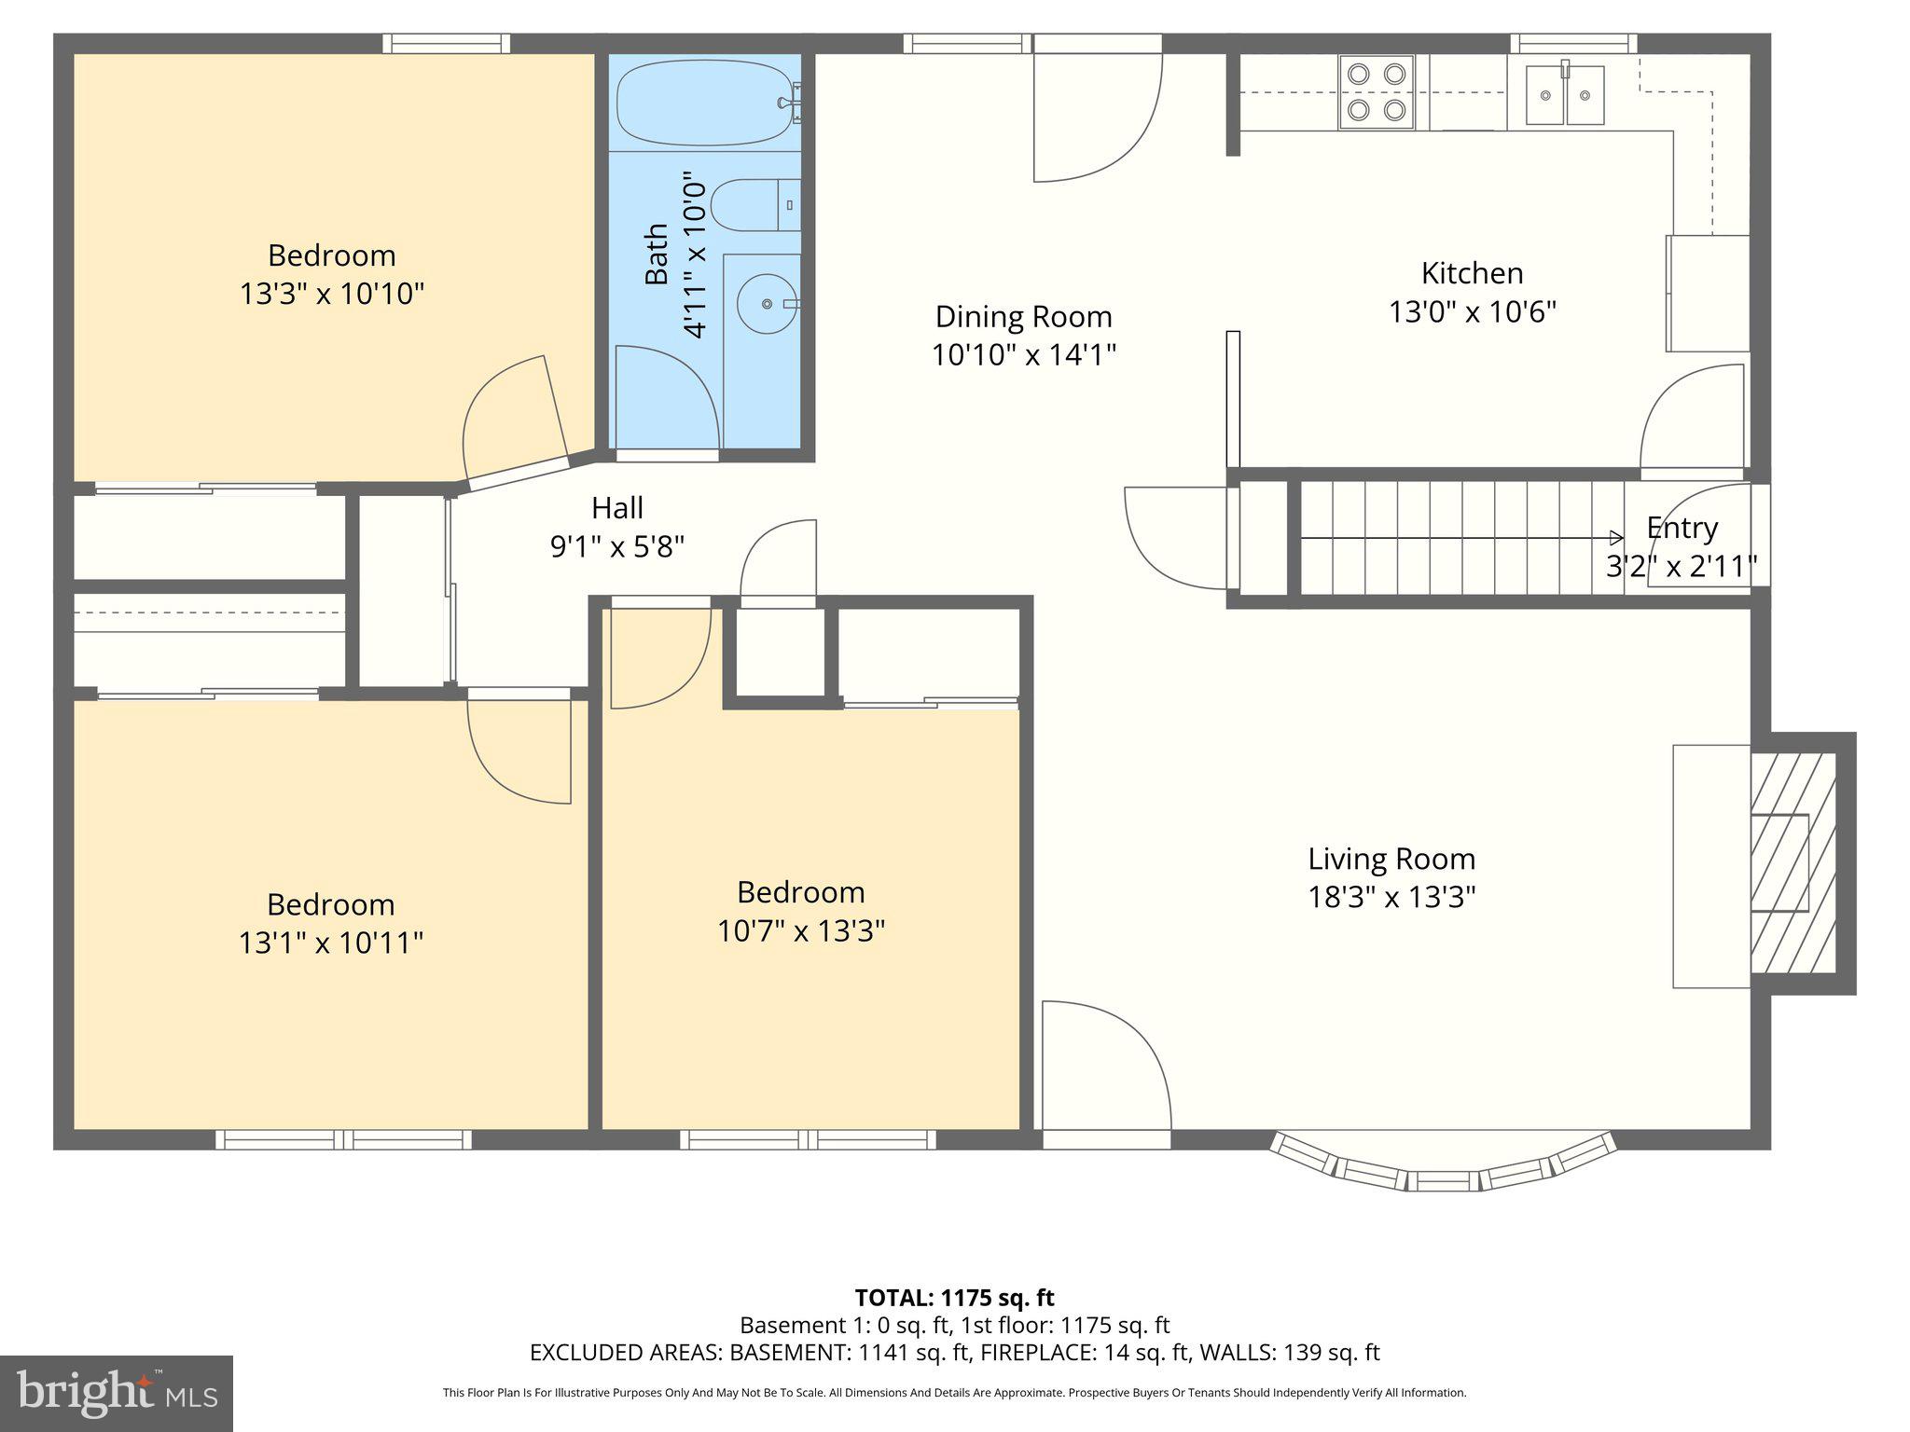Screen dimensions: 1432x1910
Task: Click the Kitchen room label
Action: point(1472,273)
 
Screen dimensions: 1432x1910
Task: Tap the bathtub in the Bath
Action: point(706,103)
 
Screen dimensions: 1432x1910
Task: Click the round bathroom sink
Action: point(767,304)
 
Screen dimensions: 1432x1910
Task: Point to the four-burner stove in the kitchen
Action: point(1377,91)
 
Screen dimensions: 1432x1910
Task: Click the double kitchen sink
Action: point(1564,95)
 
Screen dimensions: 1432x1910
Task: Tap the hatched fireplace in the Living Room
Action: point(1792,863)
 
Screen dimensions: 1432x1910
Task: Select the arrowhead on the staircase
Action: point(1616,538)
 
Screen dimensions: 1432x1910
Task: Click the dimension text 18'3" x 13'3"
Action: point(1391,897)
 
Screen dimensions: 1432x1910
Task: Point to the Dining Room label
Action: point(1023,317)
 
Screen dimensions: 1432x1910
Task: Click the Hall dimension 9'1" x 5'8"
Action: point(617,546)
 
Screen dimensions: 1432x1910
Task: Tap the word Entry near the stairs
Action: point(1682,528)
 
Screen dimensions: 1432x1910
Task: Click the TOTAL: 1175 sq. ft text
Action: point(954,1297)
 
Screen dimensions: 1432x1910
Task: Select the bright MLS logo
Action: point(117,1393)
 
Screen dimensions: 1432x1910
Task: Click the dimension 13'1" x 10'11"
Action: point(331,943)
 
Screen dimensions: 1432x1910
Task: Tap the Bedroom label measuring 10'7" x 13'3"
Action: point(800,892)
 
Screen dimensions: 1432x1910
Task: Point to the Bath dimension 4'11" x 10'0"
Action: point(695,254)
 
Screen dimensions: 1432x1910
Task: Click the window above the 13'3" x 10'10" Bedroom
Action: point(446,43)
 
